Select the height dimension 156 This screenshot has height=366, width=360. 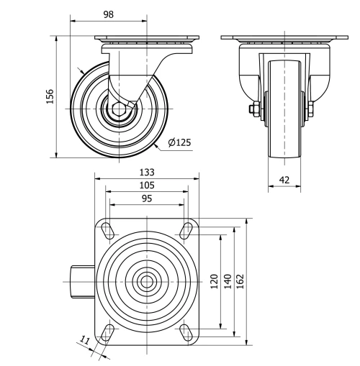(x=50, y=96)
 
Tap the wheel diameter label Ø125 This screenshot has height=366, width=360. (x=179, y=142)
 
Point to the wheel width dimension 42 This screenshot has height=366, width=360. (x=286, y=180)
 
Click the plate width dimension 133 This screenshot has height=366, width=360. (x=147, y=173)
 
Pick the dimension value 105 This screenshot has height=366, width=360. (x=147, y=185)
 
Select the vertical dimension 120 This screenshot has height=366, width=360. (x=214, y=280)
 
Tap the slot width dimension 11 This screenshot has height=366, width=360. (x=84, y=341)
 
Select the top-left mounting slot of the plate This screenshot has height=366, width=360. (x=107, y=229)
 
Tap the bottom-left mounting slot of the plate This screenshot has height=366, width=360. (x=107, y=331)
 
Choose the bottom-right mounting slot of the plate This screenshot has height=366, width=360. (x=186, y=331)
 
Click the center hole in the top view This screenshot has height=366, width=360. (x=147, y=280)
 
